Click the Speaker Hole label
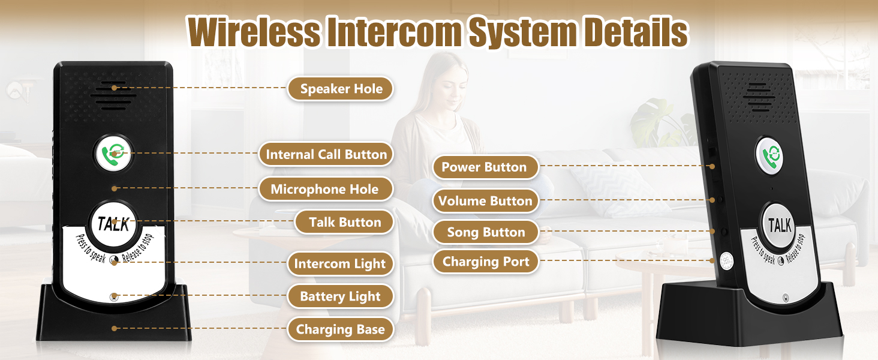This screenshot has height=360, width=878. (x=341, y=89)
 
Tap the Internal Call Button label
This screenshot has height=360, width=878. (x=326, y=154)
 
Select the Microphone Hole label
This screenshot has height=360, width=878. (x=324, y=189)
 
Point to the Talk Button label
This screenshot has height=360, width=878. (x=345, y=222)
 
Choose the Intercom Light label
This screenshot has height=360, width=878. (x=339, y=264)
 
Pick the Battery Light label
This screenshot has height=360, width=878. (x=340, y=296)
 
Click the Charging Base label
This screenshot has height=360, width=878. (x=340, y=329)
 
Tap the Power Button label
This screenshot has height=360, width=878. (x=484, y=167)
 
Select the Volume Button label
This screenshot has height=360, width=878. (x=485, y=201)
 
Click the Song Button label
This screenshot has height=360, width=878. (x=486, y=232)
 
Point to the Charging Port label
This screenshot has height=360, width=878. (x=486, y=262)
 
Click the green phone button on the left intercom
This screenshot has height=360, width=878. (x=113, y=154)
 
